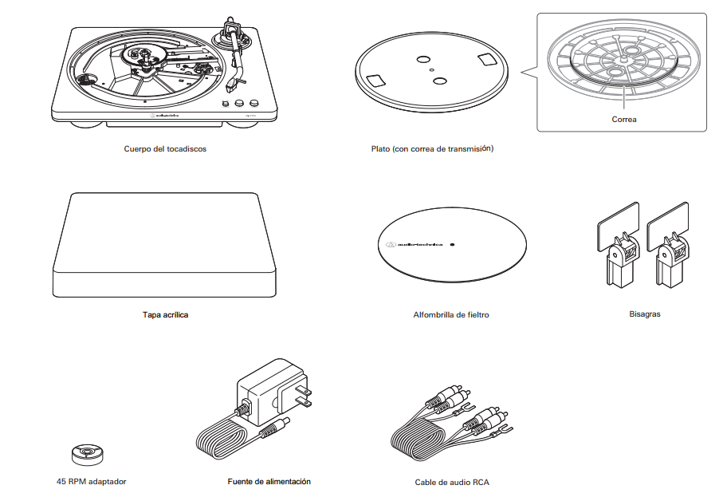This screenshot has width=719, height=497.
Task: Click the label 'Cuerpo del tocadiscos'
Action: coord(165,148)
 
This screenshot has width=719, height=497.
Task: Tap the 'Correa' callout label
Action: coord(623,119)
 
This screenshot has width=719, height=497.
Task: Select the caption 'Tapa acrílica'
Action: coord(165,314)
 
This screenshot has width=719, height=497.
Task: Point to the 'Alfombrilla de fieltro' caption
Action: coord(451,314)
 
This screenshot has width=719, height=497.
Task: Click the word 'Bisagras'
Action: coord(644,314)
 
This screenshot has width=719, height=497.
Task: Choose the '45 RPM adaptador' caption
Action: coord(91,481)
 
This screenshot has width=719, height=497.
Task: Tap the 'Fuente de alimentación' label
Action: coord(269,481)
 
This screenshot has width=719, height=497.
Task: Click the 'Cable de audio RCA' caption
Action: coord(452,482)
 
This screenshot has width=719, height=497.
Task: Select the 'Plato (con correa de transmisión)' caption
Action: coord(432,148)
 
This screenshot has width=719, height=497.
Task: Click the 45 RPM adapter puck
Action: coord(84,453)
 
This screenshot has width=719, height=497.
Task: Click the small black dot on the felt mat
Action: coord(451,244)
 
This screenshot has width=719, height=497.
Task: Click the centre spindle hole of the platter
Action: coord(431,70)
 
